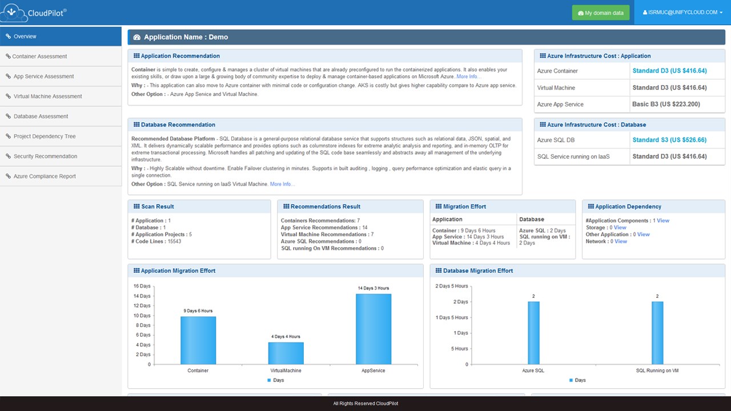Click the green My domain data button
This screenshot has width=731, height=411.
pyautogui.click(x=601, y=13)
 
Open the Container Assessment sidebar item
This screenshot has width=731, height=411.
pyautogui.click(x=39, y=57)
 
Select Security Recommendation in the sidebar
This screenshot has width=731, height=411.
pyautogui.click(x=45, y=156)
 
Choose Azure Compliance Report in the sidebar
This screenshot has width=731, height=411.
pyautogui.click(x=45, y=176)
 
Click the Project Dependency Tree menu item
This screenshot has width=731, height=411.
pyautogui.click(x=45, y=136)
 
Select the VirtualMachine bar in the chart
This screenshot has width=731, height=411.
pyautogui.click(x=286, y=353)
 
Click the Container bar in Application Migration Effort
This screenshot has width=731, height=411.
pyautogui.click(x=198, y=340)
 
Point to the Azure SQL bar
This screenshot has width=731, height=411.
pyautogui.click(x=533, y=333)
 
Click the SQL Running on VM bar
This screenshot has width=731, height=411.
pyautogui.click(x=657, y=333)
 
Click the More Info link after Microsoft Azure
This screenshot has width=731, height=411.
pyautogui.click(x=468, y=76)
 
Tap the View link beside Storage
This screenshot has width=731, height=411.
pyautogui.click(x=620, y=228)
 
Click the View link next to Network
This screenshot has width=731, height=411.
pyautogui.click(x=621, y=241)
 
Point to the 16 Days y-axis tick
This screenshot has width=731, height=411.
pyautogui.click(x=142, y=286)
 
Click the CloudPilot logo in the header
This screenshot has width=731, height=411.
pyautogui.click(x=34, y=12)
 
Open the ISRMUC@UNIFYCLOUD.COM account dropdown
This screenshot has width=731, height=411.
pyautogui.click(x=682, y=12)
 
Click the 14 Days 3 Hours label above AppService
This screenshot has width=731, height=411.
pyautogui.click(x=373, y=288)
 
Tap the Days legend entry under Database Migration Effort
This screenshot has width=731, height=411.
pyautogui.click(x=577, y=380)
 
